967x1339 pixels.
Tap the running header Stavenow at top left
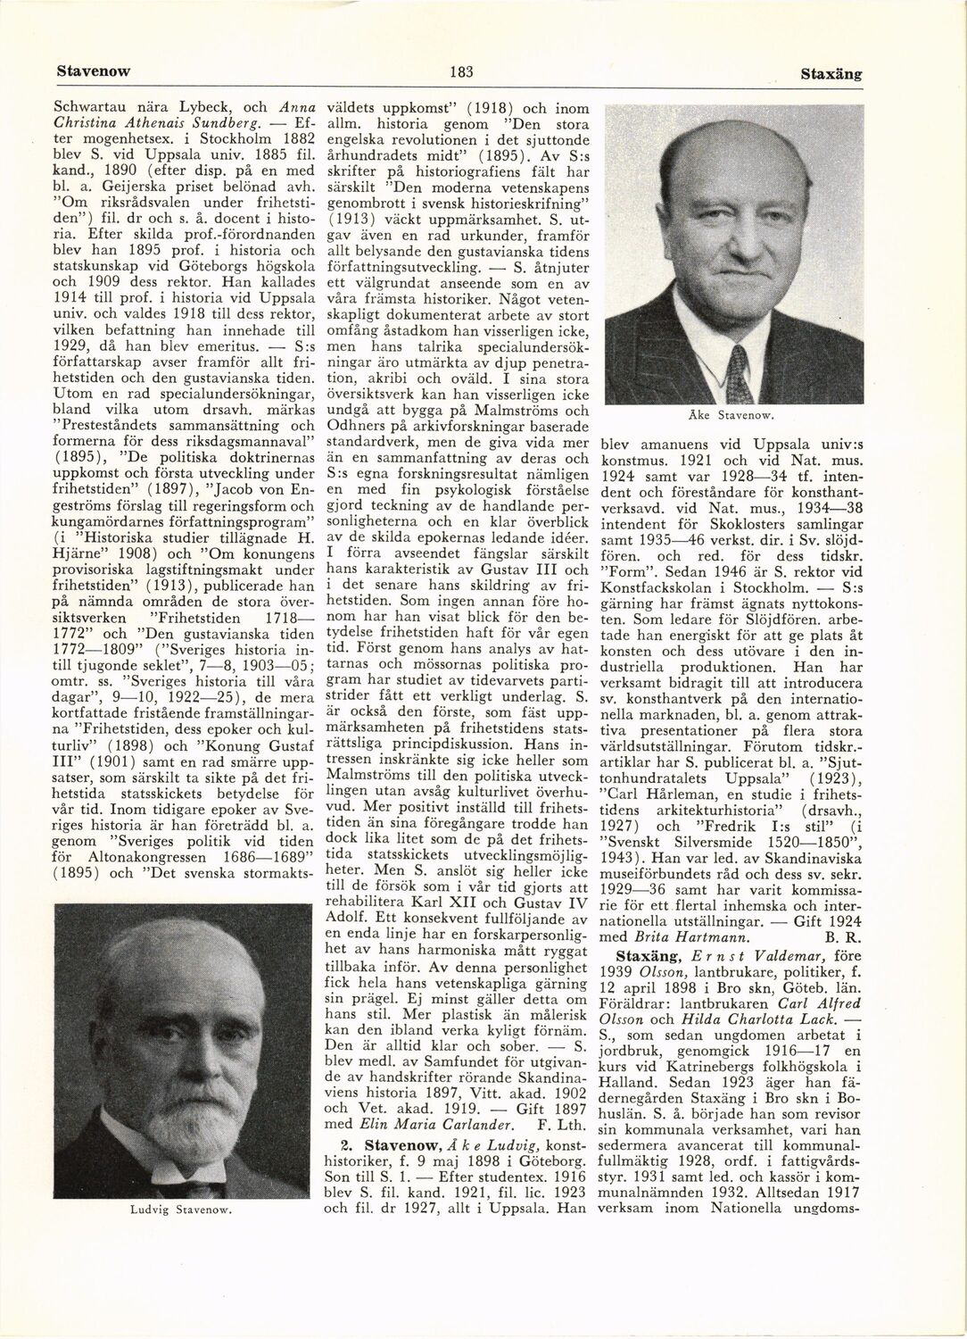click(91, 71)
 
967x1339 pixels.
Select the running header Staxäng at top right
click(830, 74)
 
